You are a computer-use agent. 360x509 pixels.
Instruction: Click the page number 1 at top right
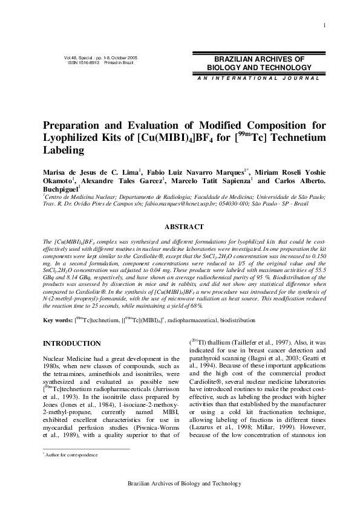tap(325, 25)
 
